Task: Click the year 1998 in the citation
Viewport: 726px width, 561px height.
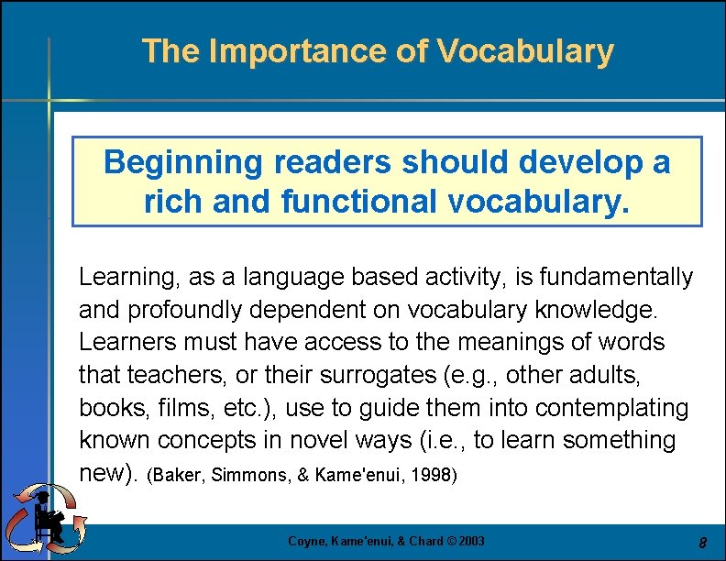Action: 435,476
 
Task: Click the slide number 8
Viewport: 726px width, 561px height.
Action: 702,543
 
